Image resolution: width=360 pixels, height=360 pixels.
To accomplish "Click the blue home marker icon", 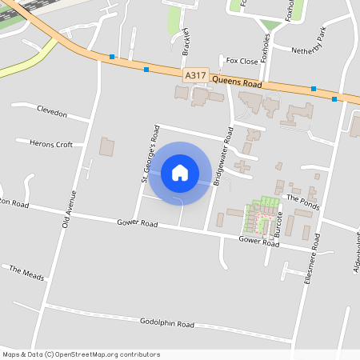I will (180, 173).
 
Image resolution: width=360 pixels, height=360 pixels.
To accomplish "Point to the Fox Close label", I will (242, 61).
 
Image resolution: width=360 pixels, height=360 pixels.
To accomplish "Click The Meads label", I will (26, 272).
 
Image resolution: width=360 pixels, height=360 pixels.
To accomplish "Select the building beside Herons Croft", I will (106, 147).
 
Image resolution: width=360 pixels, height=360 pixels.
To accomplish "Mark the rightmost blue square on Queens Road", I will (334, 99).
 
